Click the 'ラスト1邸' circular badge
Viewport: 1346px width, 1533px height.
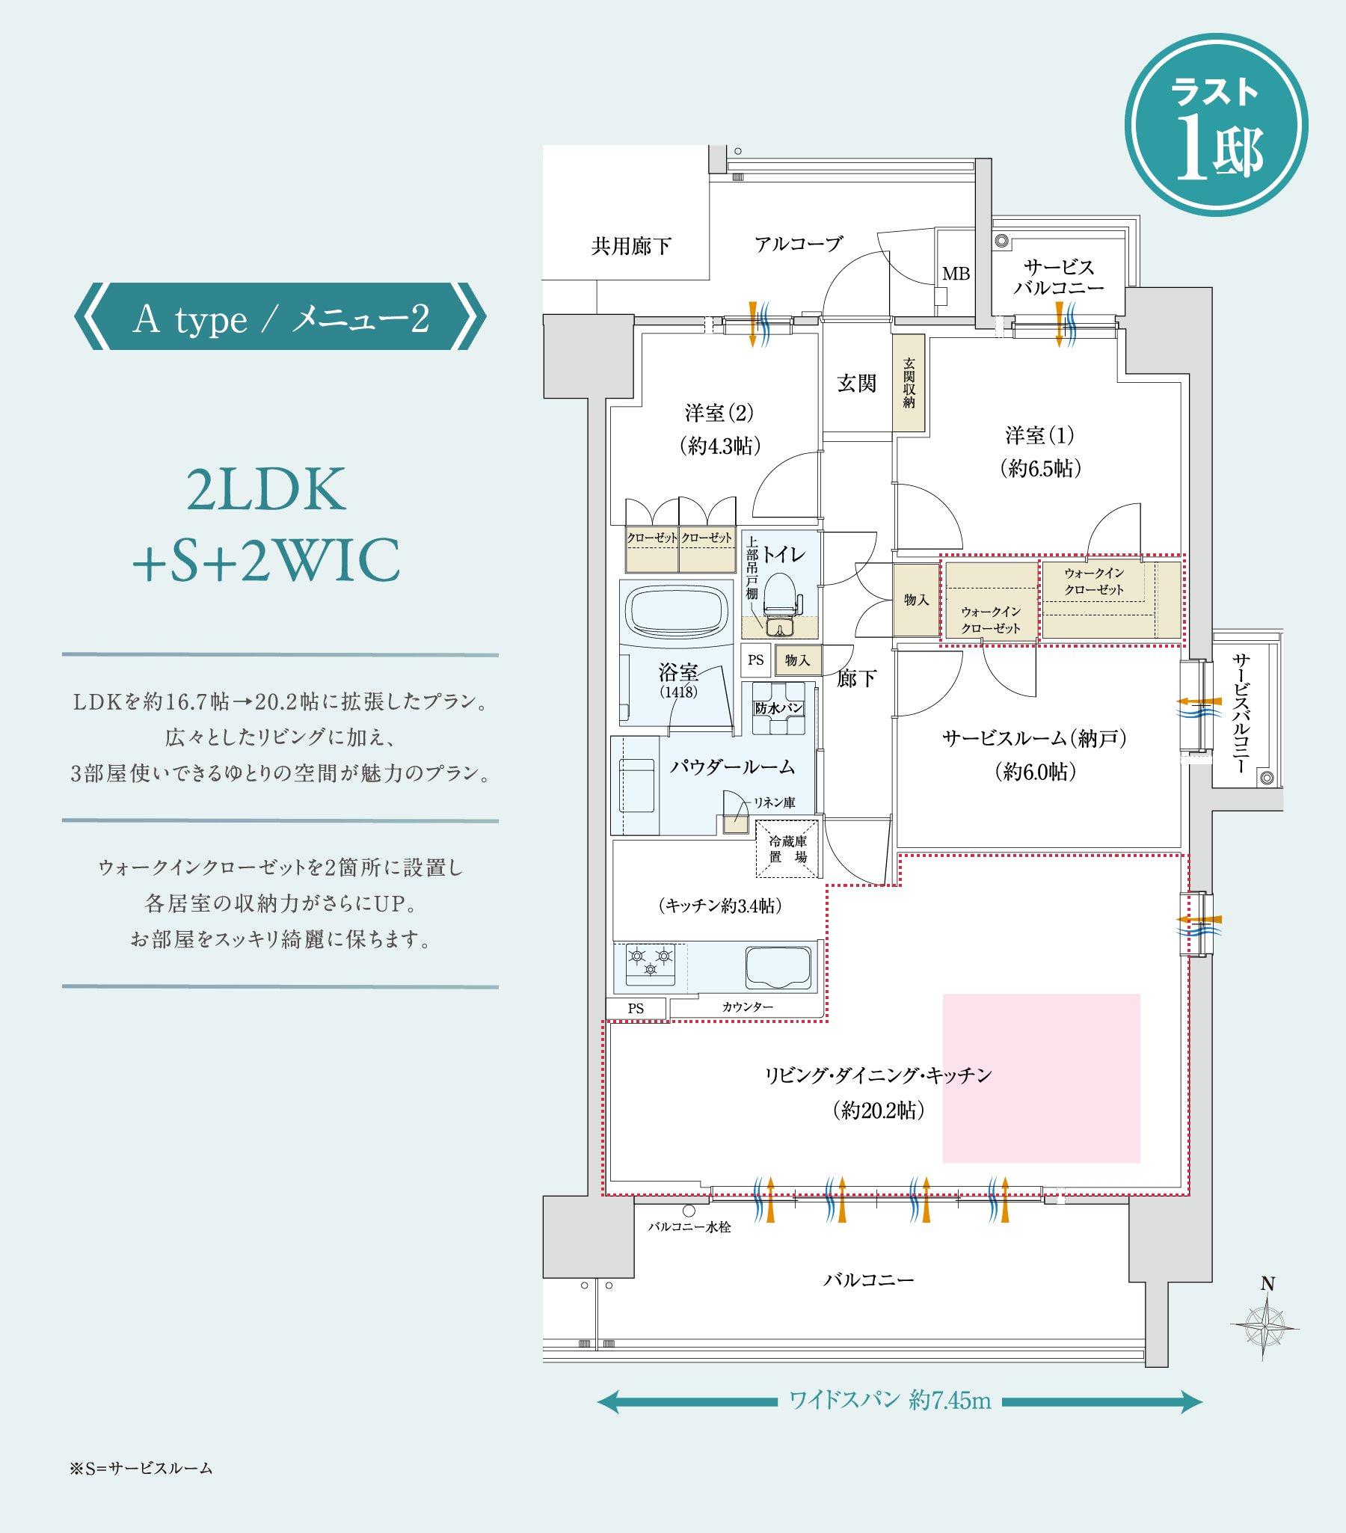[1217, 125]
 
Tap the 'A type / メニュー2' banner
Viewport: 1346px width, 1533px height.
[280, 316]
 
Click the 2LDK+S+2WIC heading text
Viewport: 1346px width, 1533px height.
[266, 524]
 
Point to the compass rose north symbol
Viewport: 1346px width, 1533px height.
[1266, 1323]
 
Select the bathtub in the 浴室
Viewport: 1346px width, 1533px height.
[677, 611]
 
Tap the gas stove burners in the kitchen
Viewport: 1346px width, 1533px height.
[650, 964]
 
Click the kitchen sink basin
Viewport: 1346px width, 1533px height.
[778, 967]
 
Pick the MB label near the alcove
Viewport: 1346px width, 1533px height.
[956, 274]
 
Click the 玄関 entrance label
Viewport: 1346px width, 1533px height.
[856, 383]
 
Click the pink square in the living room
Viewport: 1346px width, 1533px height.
[1041, 1078]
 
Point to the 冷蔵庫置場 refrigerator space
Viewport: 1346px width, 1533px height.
[787, 849]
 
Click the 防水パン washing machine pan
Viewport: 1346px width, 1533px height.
[778, 708]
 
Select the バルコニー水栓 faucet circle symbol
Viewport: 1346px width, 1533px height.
[689, 1211]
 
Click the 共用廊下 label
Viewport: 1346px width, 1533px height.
[630, 246]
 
